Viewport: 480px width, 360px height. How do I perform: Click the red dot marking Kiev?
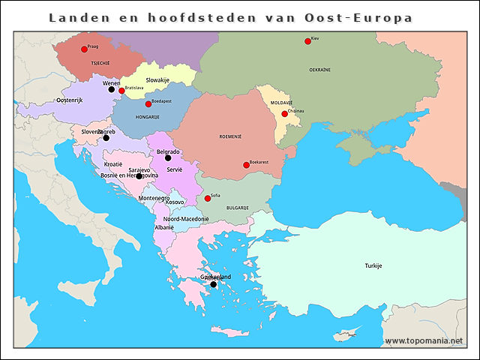point(307,41)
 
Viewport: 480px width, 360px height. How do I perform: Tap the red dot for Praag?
point(84,49)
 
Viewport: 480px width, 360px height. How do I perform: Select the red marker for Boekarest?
point(246,165)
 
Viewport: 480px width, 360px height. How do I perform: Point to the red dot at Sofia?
point(208,199)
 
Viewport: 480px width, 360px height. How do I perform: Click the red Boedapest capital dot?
point(148,103)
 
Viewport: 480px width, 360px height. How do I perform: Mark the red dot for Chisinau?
point(284,114)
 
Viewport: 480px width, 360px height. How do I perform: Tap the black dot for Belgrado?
point(168,157)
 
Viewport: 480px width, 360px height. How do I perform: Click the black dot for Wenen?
point(112,89)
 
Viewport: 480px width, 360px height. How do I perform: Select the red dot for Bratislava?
point(121,91)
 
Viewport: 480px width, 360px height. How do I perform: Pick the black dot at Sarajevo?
point(139,176)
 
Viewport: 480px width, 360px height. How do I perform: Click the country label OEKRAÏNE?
point(319,69)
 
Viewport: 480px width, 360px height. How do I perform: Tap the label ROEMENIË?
point(229,137)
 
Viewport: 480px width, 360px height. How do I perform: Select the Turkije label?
point(373,266)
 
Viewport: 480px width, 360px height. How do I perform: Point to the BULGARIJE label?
point(237,207)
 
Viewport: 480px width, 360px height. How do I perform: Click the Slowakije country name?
point(157,79)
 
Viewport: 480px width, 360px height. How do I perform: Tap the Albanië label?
point(164,226)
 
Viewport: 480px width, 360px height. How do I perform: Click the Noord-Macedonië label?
point(186,219)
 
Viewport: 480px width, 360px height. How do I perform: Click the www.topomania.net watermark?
point(424,340)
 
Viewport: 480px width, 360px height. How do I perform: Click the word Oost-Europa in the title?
point(367,16)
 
